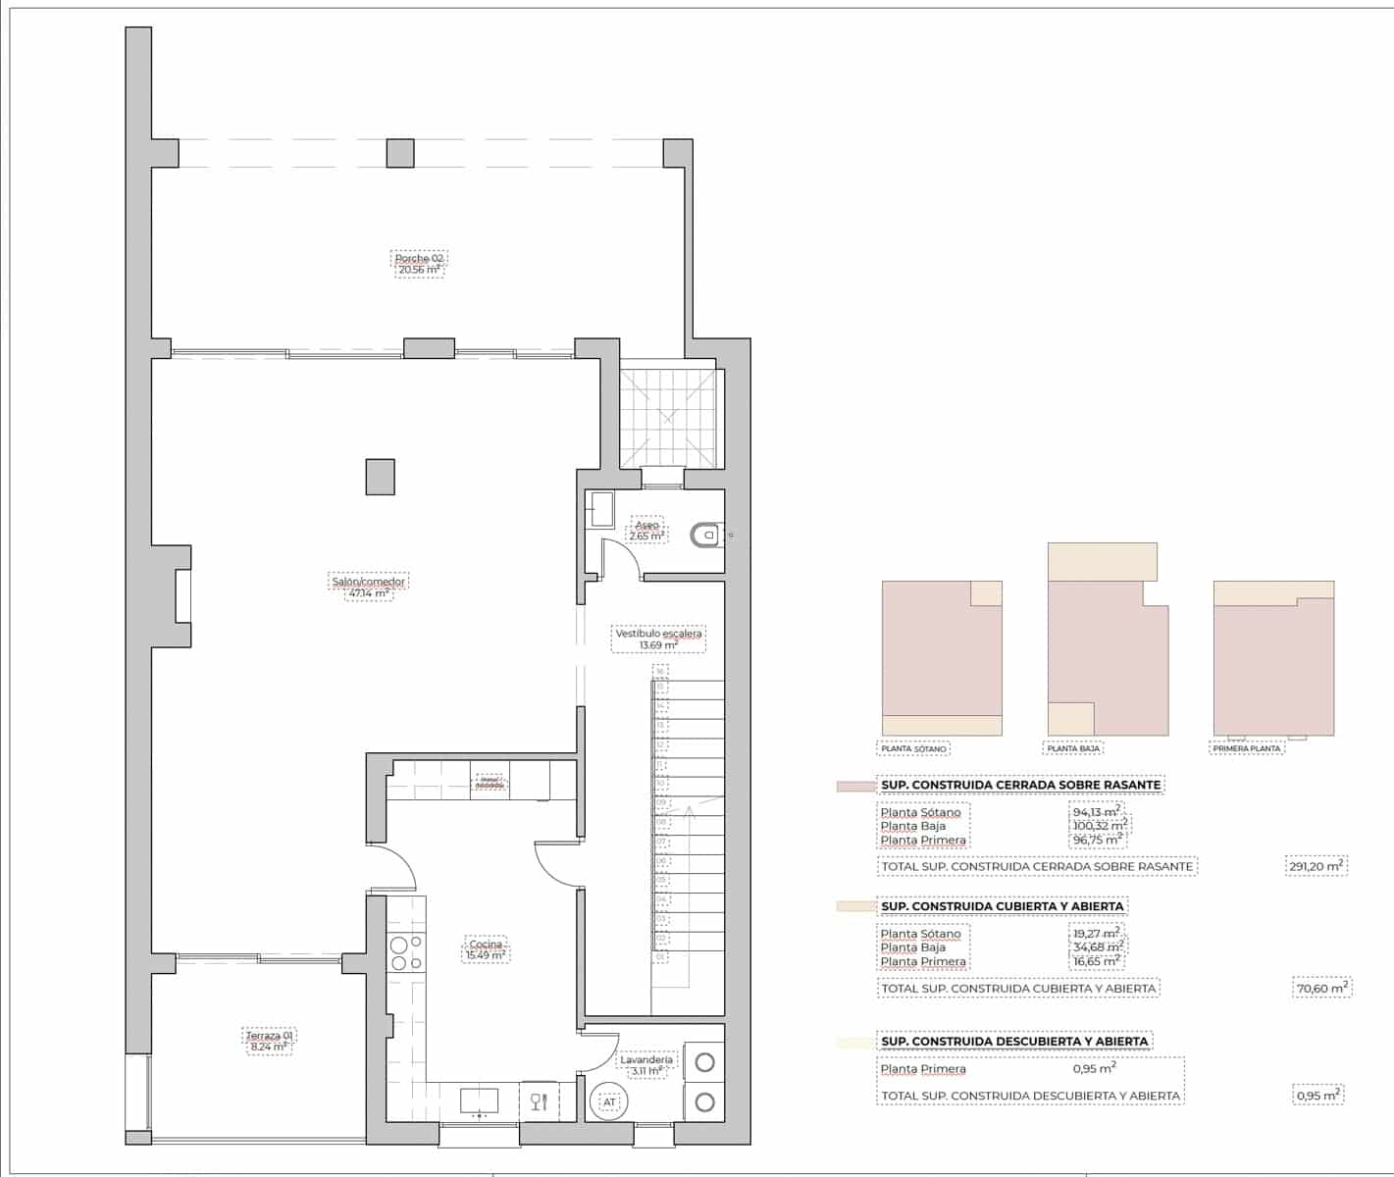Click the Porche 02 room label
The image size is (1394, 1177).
420,264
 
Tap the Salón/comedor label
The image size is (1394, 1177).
368,587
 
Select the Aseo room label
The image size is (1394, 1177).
646,531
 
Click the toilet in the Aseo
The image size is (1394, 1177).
705,535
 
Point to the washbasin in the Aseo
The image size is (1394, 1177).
600,510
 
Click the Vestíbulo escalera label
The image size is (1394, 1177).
658,639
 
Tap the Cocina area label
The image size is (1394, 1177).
486,949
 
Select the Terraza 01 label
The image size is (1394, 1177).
269,1041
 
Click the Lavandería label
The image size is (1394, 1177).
646,1065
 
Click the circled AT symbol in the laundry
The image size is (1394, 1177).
609,1102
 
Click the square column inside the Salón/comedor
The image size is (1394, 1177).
381,477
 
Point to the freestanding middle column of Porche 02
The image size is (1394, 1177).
399,153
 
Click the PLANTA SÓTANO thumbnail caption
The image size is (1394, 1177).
913,748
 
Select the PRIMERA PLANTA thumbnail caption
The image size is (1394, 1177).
1247,748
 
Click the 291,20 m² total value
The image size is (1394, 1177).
1317,866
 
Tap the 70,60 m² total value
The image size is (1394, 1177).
1321,989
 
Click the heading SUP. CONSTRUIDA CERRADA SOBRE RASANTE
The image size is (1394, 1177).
1020,785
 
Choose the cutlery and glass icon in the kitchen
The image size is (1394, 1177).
539,1101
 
